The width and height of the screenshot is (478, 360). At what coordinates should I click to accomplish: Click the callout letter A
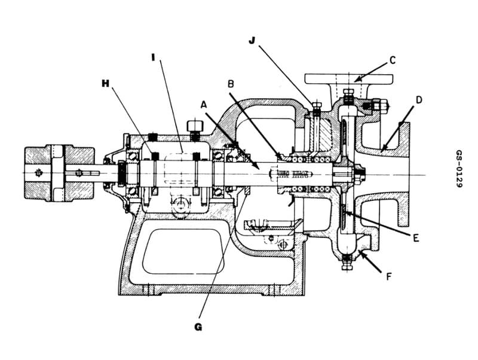coord(204,104)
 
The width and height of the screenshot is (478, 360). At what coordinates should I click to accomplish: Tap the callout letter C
coord(392,60)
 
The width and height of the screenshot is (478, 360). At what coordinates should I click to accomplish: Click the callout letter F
coord(389,277)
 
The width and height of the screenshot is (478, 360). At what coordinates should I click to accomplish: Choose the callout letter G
coord(198,327)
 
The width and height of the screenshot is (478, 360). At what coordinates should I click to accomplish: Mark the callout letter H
coord(106,83)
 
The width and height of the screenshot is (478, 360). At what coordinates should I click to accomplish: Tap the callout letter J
coord(252,40)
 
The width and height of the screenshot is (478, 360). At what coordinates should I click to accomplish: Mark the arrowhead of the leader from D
coord(382,148)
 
